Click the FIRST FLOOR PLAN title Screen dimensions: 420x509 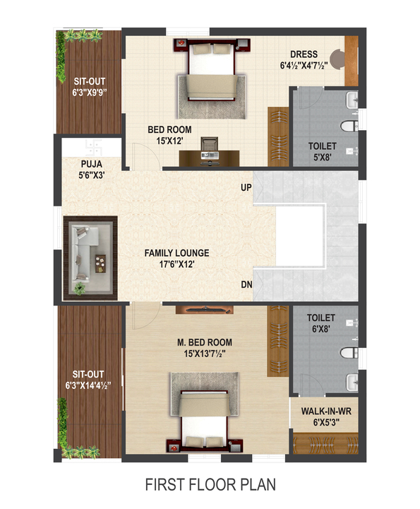click(x=210, y=484)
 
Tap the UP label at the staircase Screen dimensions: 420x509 click(x=246, y=187)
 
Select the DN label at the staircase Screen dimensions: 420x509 click(x=246, y=284)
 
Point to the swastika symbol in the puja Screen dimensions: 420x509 click(x=94, y=148)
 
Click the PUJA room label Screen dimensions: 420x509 click(x=92, y=164)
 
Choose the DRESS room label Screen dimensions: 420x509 click(x=304, y=54)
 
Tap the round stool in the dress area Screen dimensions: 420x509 click(x=339, y=59)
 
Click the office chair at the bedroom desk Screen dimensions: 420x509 click(x=210, y=145)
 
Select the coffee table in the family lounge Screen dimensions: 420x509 click(x=100, y=264)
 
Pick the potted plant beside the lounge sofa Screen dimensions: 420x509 click(x=79, y=288)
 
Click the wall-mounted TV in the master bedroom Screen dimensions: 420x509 click(x=205, y=310)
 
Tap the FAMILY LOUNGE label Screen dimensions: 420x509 click(x=176, y=253)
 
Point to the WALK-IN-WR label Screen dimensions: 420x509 click(x=326, y=411)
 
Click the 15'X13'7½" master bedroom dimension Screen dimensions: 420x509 click(x=205, y=353)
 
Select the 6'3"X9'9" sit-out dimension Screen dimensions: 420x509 click(x=90, y=93)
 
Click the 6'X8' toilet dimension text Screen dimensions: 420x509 click(x=321, y=329)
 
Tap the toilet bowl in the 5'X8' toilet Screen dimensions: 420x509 click(x=349, y=126)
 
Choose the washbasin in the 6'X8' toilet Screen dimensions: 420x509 click(x=352, y=382)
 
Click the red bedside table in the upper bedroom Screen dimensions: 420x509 click(x=181, y=43)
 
